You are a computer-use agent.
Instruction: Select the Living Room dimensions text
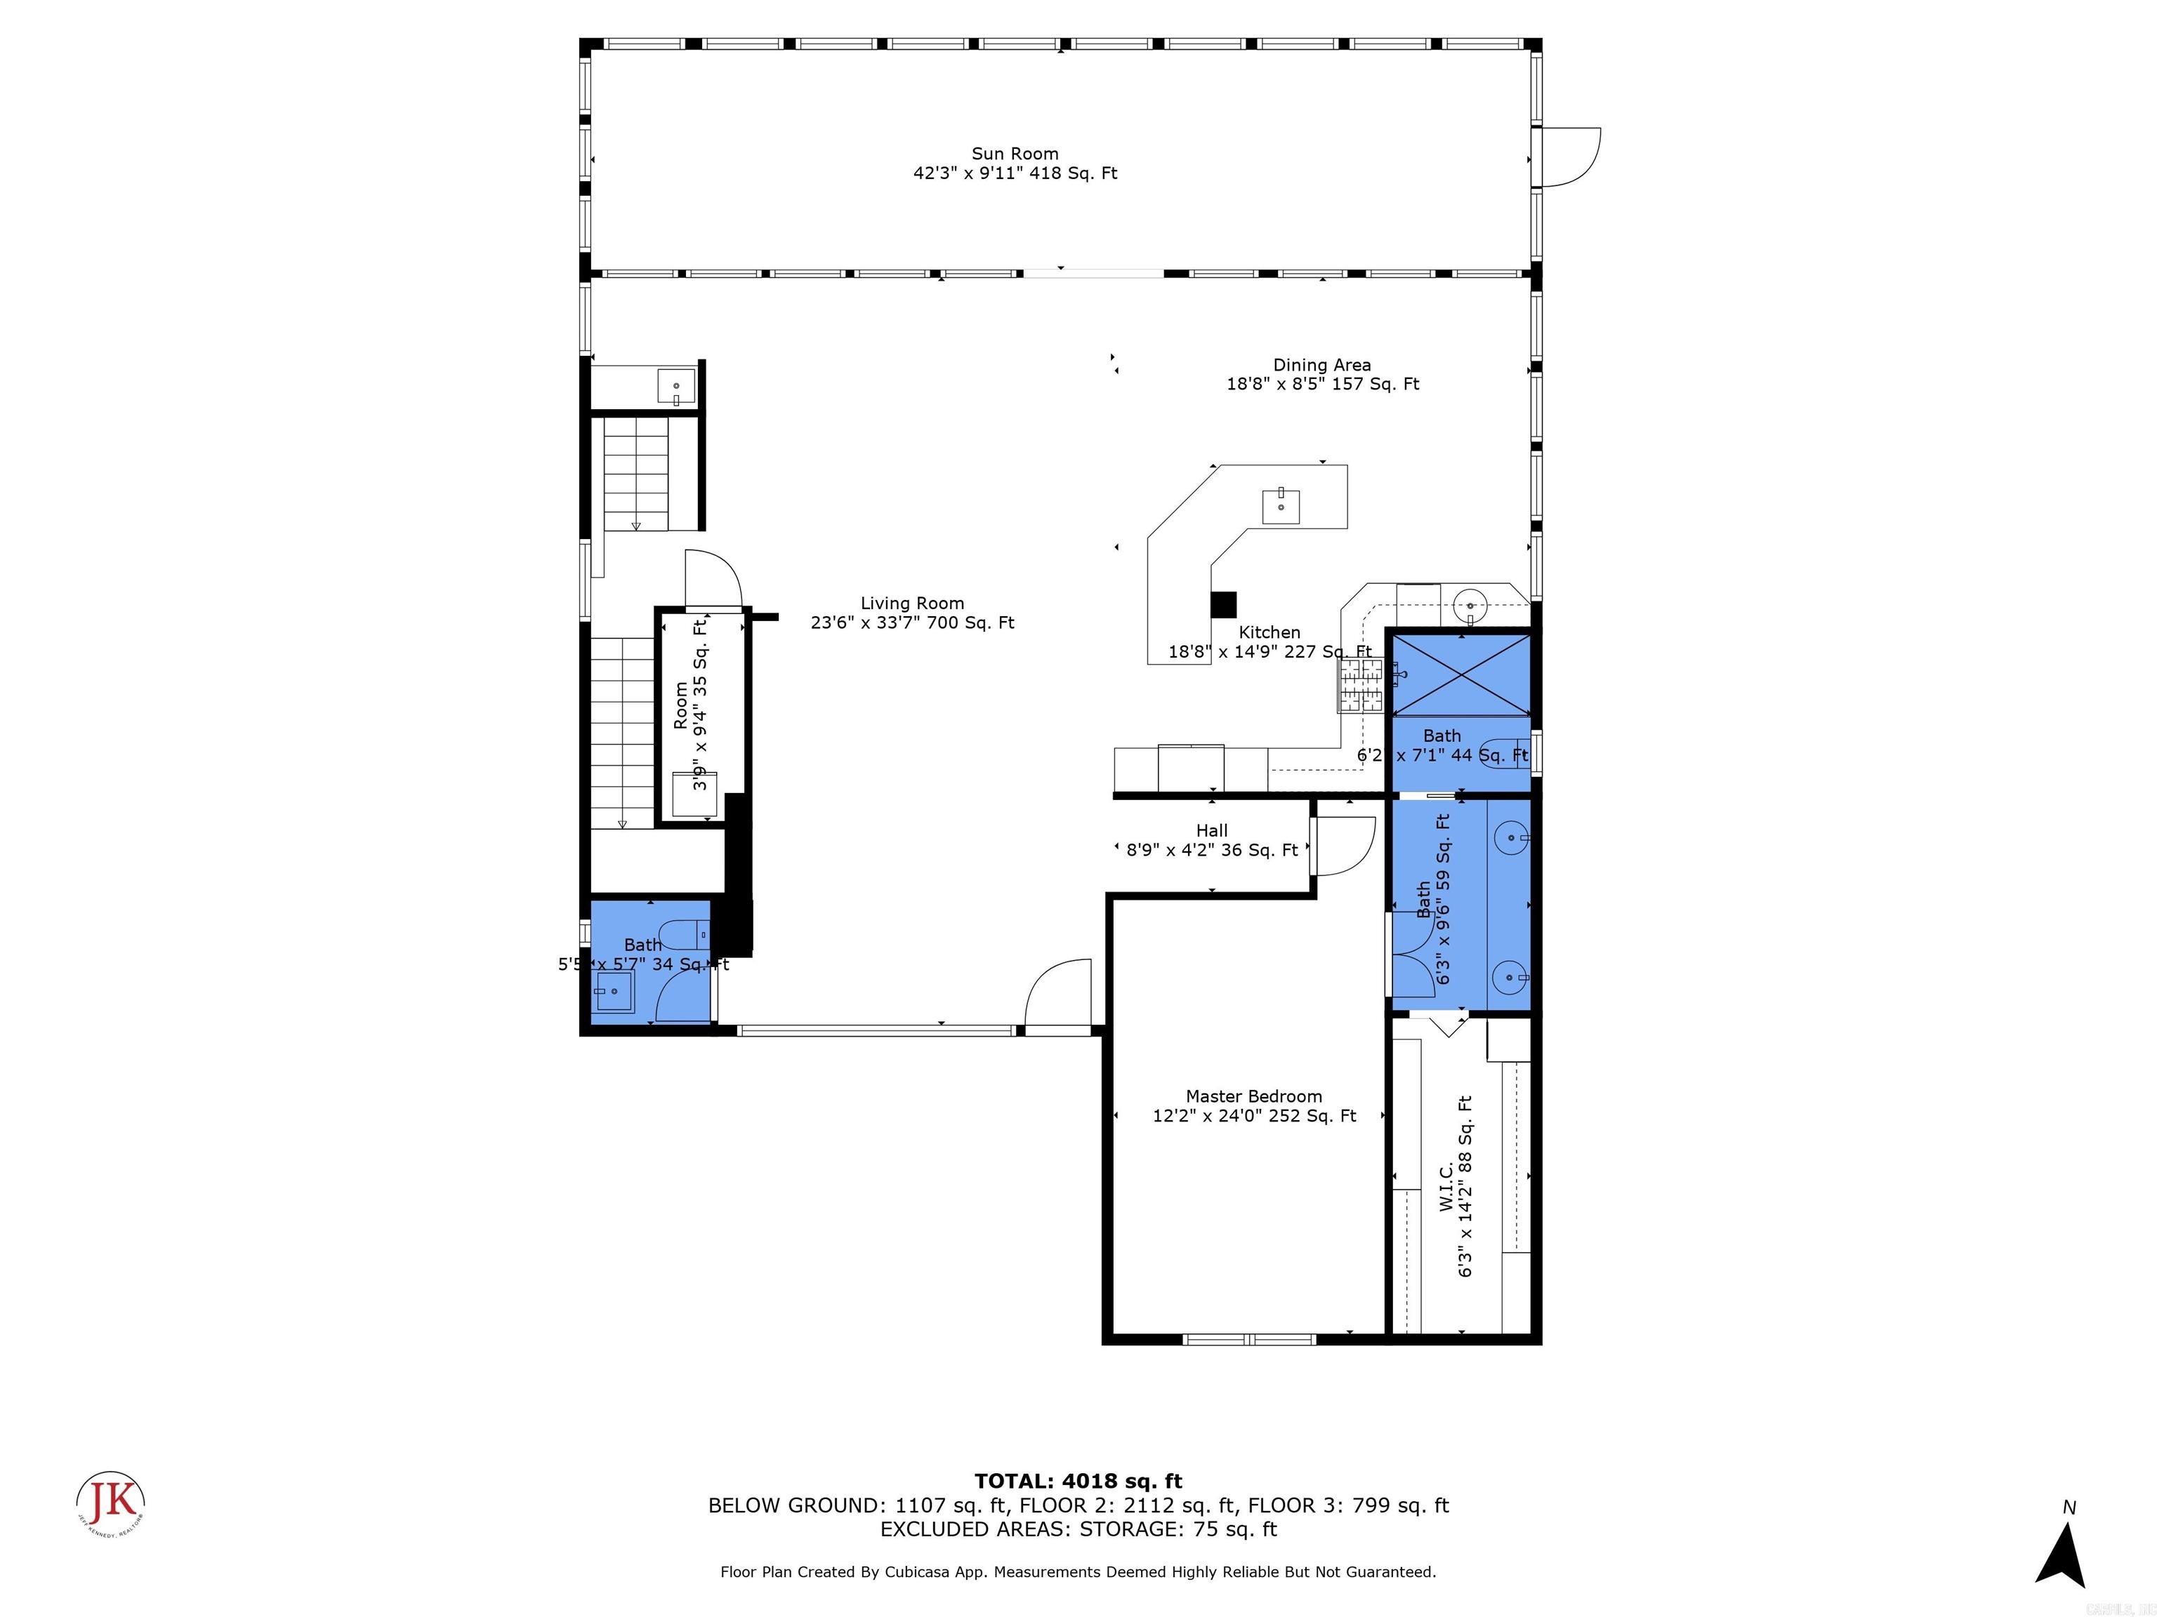(x=912, y=623)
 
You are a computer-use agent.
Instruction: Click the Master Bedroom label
(x=1253, y=1096)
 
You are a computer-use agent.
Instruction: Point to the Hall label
(x=1211, y=830)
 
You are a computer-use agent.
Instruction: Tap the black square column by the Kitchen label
(x=1223, y=604)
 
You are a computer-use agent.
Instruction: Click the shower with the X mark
(x=1460, y=674)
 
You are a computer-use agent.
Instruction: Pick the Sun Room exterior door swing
(x=1570, y=158)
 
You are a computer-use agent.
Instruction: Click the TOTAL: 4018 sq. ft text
(x=1078, y=1482)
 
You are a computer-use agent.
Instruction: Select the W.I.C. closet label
(x=1446, y=1186)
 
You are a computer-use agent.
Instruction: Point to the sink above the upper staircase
(x=675, y=386)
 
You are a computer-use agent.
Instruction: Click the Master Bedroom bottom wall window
(x=1249, y=1339)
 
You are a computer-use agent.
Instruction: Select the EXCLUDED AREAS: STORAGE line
(x=1078, y=1529)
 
